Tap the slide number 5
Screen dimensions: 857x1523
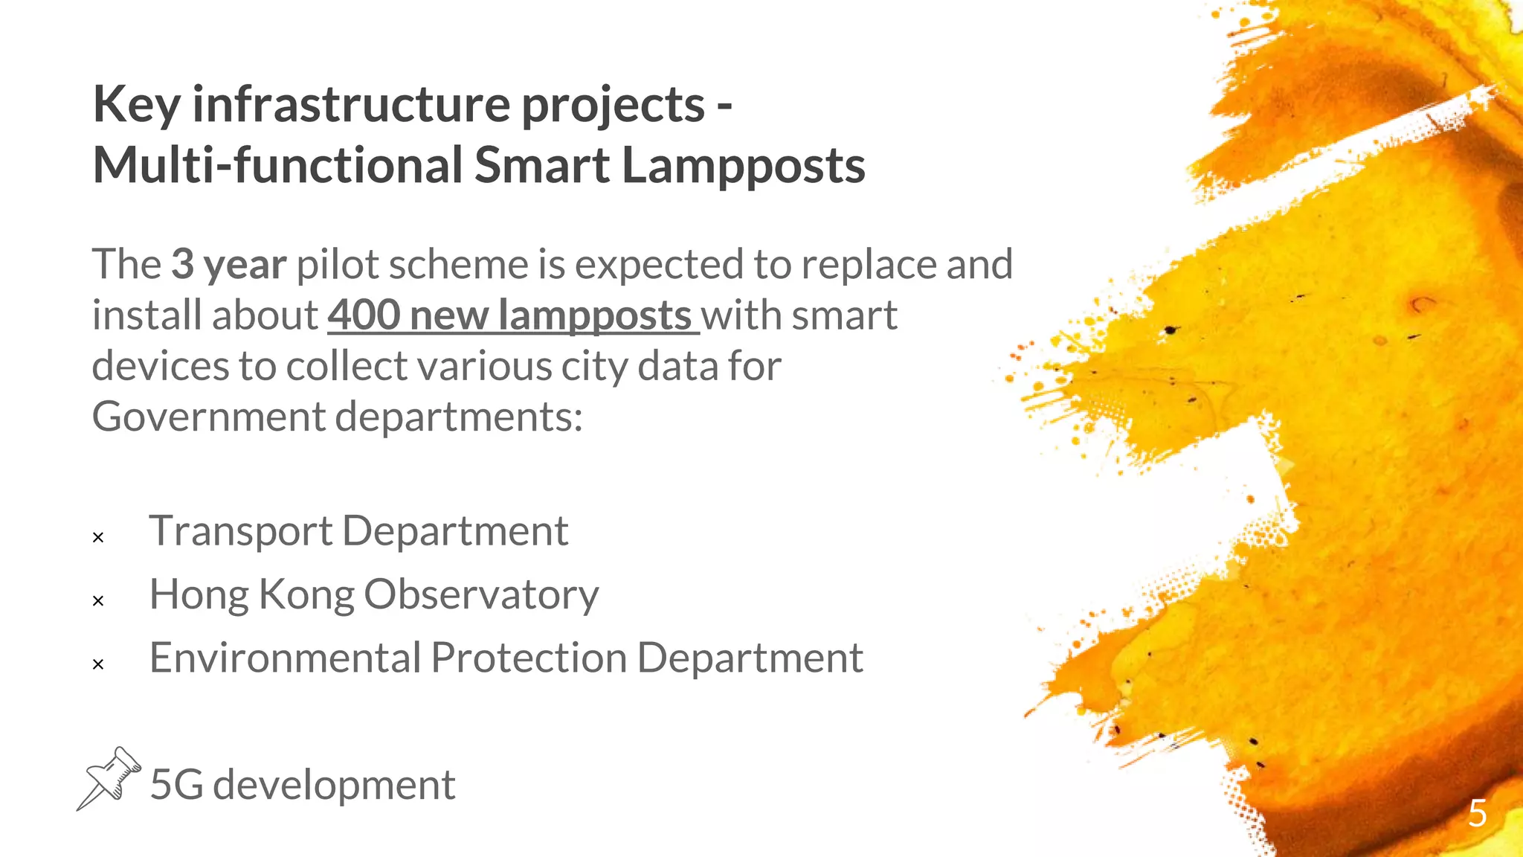[1477, 813]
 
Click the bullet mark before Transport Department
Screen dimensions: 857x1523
[98, 537]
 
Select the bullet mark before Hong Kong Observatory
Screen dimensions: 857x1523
[98, 600]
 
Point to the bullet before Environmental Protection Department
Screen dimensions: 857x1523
[98, 664]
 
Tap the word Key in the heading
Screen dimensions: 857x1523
[137, 105]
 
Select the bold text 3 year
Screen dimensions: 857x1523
[228, 265]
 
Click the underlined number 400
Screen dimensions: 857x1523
[364, 315]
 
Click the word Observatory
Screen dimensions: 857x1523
[480, 595]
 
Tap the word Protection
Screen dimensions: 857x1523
[528, 658]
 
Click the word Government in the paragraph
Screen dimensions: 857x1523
[208, 417]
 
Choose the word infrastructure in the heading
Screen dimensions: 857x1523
[350, 105]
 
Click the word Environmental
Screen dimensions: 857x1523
[285, 658]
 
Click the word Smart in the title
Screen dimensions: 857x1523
[541, 165]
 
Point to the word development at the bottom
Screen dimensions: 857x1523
[333, 786]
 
